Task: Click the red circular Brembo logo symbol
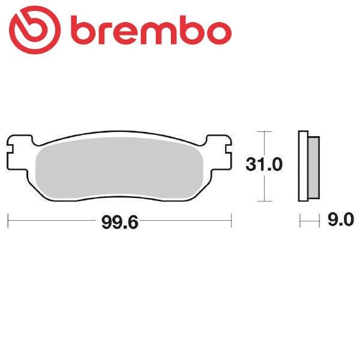click(x=35, y=30)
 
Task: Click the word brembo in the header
click(x=152, y=31)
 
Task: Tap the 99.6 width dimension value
click(x=119, y=223)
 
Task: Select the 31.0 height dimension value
click(x=264, y=164)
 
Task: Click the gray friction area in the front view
click(x=119, y=169)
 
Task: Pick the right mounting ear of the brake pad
click(x=219, y=152)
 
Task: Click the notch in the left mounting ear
click(x=10, y=149)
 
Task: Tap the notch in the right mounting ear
click(x=229, y=149)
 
